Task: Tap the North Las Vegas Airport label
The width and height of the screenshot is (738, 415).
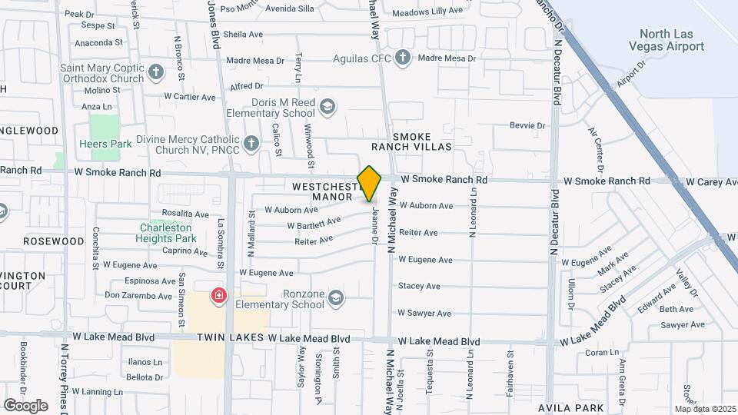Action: point(671,40)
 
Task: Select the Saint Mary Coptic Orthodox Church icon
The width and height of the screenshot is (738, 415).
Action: point(156,72)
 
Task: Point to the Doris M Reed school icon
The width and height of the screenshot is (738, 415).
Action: point(328,107)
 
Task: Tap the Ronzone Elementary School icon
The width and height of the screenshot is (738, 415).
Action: point(335,298)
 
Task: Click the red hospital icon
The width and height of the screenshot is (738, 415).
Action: point(220,296)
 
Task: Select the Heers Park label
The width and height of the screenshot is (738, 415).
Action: point(105,144)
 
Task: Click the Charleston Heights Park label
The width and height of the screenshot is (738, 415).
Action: point(168,233)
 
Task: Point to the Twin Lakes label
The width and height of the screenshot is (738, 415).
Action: point(229,338)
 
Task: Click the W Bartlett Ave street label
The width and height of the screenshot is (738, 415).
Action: point(314,223)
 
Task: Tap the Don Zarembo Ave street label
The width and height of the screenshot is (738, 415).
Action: point(138,296)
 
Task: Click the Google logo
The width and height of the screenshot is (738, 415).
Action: point(25,405)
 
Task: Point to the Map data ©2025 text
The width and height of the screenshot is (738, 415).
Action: point(705,409)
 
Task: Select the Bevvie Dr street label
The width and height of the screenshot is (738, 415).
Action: point(527,125)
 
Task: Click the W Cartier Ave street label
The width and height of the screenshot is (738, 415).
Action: point(190,97)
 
